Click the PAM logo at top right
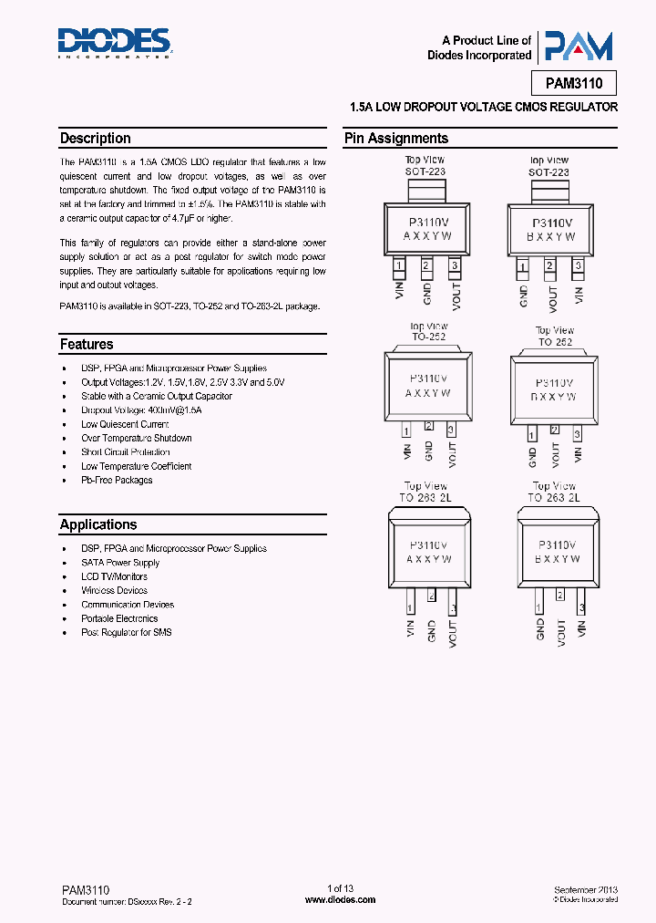(575, 47)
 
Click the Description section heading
(96, 139)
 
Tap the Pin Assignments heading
(395, 139)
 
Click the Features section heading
(87, 345)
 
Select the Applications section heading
(98, 524)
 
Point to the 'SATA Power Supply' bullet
(120, 563)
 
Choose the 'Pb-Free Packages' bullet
(117, 480)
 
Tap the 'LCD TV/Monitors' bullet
(114, 576)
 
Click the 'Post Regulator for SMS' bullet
(127, 632)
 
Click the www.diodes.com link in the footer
(340, 899)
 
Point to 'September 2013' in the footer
(585, 889)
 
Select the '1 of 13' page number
(340, 889)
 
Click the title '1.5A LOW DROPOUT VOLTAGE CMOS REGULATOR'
(484, 108)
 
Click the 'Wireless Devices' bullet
(115, 591)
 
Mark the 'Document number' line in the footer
(128, 900)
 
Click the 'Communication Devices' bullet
(128, 605)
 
